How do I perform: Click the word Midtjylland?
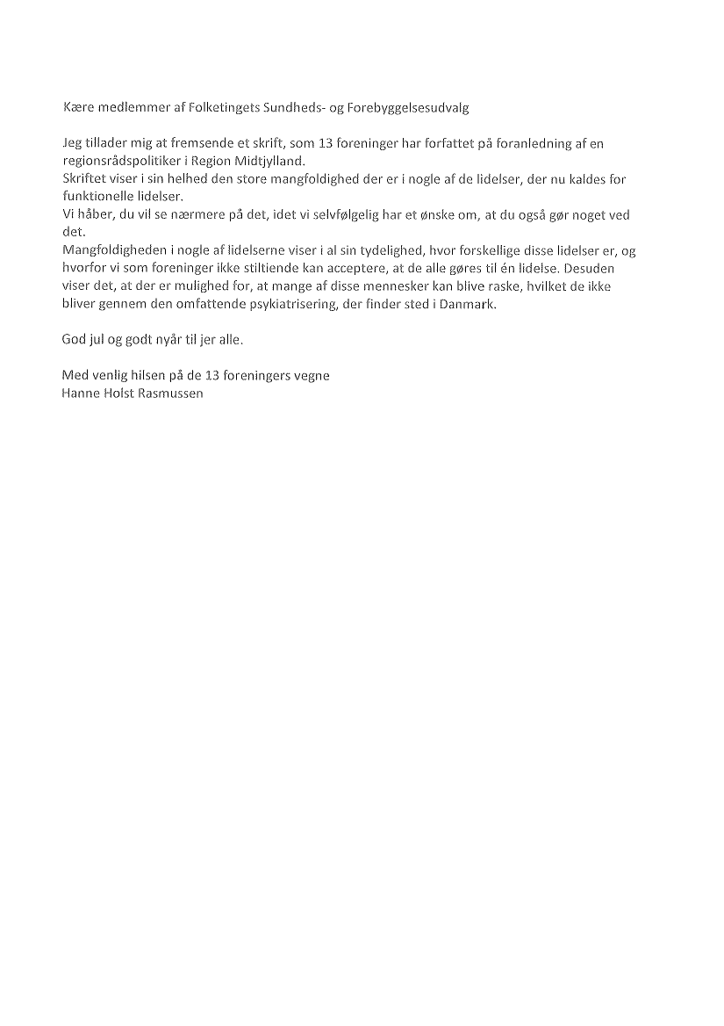[x=267, y=161]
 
